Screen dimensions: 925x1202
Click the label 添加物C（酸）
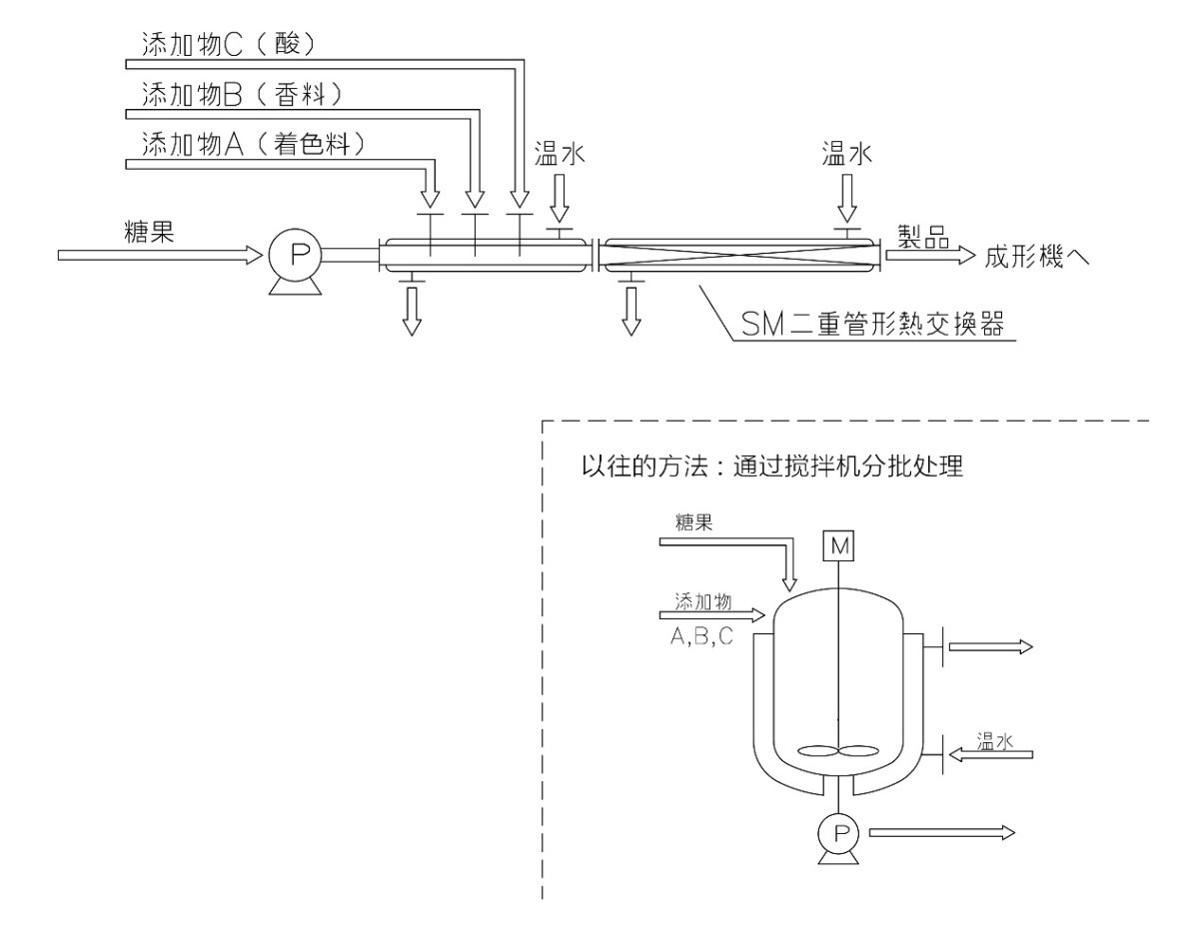click(227, 44)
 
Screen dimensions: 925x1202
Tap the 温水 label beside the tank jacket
click(995, 740)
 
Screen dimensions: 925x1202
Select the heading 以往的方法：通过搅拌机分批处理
click(772, 467)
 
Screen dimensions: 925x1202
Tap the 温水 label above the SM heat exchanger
click(845, 153)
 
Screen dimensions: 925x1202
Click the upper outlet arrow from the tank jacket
click(989, 647)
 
